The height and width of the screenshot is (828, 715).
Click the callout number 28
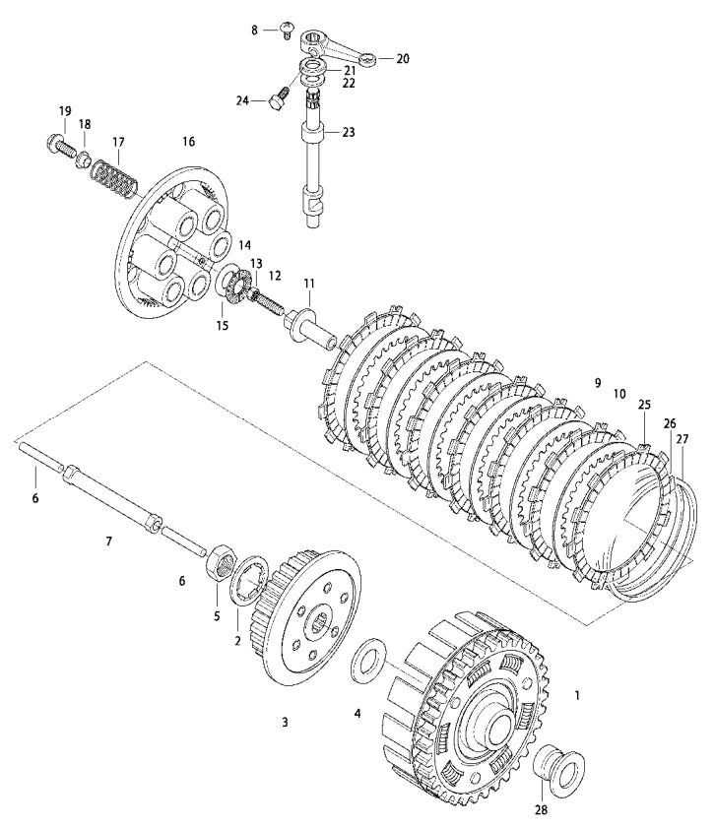[539, 809]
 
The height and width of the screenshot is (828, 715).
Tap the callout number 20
[402, 58]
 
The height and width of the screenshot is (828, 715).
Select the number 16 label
[188, 142]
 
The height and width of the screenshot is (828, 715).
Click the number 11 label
[309, 284]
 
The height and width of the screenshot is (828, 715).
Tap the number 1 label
[577, 694]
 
